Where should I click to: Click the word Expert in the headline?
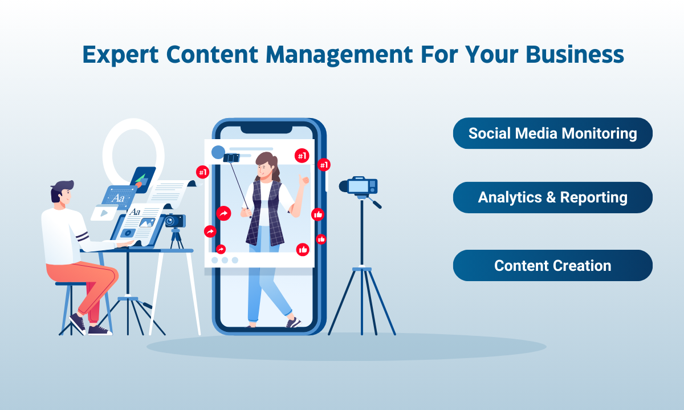tap(120, 55)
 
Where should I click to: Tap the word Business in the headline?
tap(575, 54)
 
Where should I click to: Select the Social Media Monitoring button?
tap(553, 133)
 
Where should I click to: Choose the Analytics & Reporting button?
tap(553, 197)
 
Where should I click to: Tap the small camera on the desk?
tap(175, 221)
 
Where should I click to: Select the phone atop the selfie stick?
tap(231, 157)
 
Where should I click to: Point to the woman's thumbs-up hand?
tap(303, 181)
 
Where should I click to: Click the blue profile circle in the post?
tap(218, 152)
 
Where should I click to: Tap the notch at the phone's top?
tap(266, 129)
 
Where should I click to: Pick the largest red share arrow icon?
tap(223, 213)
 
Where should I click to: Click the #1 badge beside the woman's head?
tap(302, 156)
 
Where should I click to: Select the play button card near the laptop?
tap(104, 213)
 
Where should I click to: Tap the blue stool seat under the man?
tap(70, 284)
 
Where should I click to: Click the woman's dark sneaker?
tap(294, 322)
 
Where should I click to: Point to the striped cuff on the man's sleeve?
tap(82, 237)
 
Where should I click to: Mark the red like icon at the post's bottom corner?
tap(303, 250)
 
